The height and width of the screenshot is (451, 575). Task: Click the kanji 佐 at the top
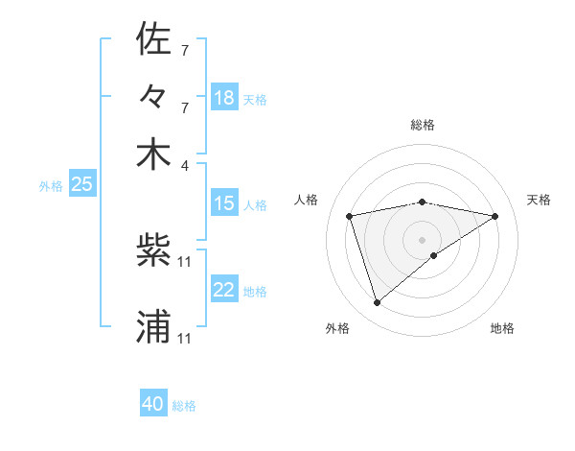point(153,40)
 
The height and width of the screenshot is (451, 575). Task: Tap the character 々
point(153,97)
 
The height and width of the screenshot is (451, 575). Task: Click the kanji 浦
point(153,327)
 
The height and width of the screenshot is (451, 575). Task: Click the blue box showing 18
point(224,98)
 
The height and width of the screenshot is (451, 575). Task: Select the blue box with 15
point(224,203)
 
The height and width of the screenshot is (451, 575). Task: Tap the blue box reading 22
point(224,291)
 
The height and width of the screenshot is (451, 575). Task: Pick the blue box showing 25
point(81,185)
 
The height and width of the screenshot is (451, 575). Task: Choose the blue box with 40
point(153,404)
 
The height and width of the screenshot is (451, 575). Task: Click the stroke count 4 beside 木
point(185,164)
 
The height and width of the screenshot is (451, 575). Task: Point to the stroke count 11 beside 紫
point(185,261)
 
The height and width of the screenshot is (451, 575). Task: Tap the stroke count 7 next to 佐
point(185,49)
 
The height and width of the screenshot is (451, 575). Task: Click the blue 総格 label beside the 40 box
point(184,406)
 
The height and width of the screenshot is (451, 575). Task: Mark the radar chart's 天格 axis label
point(539,200)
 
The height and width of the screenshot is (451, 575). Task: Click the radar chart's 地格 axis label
point(502,328)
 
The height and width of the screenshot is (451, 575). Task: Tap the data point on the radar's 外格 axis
point(377,303)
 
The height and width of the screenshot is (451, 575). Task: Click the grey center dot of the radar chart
point(422,240)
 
